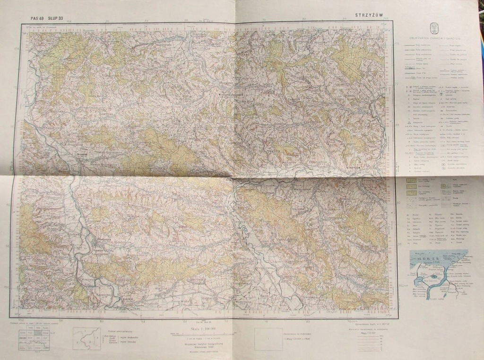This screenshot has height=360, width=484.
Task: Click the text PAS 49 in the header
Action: tap(37, 18)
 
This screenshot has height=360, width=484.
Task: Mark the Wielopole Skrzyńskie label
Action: tap(230, 94)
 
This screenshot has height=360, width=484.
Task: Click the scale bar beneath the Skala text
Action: tap(202, 334)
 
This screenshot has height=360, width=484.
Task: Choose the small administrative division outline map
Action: tap(86, 339)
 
